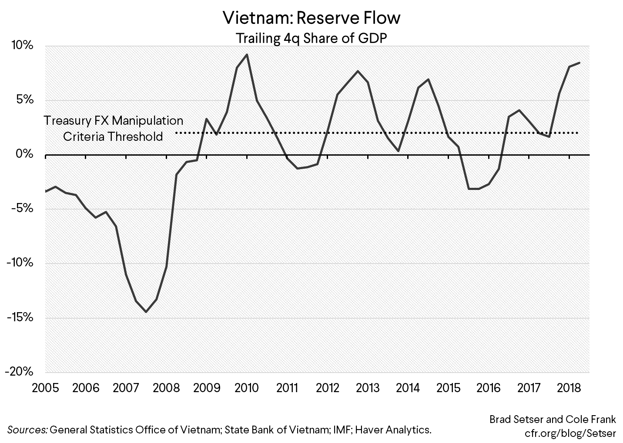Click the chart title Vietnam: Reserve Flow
pos(311,18)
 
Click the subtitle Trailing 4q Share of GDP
pos(311,38)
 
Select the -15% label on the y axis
pos(20,317)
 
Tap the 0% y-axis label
pos(24,154)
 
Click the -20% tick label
pos(20,372)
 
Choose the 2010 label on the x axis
pos(247,387)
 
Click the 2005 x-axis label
pos(45,387)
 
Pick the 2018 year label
pos(569,387)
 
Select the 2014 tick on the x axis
pos(408,387)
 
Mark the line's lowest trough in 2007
pos(146,312)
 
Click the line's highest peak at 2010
pos(247,54)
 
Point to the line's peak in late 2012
pos(358,71)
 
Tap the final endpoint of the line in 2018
pos(579,63)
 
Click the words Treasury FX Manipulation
pos(114,120)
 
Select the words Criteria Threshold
pos(113,137)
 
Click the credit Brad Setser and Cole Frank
pos(553,420)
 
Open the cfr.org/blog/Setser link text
pos(570,433)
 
